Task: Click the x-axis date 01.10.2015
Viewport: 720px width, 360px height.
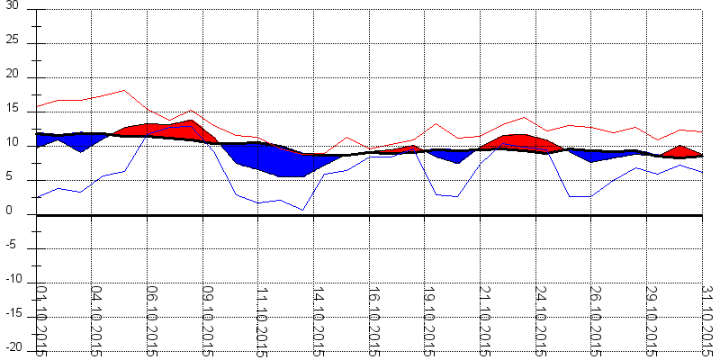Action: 40,319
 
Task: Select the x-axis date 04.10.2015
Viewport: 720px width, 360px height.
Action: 95,319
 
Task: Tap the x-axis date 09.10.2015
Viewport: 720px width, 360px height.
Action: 206,319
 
